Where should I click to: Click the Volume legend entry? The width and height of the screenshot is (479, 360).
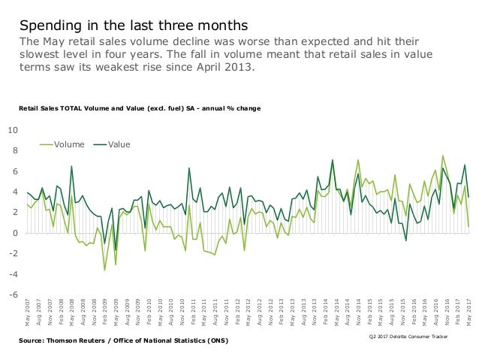pyautogui.click(x=67, y=143)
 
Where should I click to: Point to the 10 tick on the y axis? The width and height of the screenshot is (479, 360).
pyautogui.click(x=13, y=130)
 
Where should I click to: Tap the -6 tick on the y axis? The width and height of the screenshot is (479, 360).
pyautogui.click(x=13, y=295)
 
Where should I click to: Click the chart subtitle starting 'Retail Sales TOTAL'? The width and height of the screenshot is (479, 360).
pyautogui.click(x=140, y=109)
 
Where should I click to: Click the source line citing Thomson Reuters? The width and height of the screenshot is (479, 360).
pyautogui.click(x=125, y=341)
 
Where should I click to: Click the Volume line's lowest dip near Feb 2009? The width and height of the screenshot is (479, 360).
pyautogui.click(x=104, y=271)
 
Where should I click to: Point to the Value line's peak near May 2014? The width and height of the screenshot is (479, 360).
pyautogui.click(x=333, y=160)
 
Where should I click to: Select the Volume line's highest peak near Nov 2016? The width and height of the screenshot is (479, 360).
pyautogui.click(x=443, y=156)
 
